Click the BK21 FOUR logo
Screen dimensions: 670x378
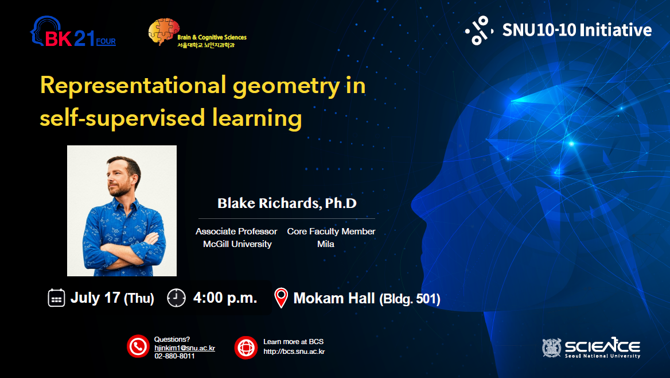pyautogui.click(x=73, y=32)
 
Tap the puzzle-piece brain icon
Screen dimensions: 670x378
pyautogui.click(x=163, y=31)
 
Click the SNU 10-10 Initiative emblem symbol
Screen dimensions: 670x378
pyautogui.click(x=480, y=30)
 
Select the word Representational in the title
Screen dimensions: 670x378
pyautogui.click(x=133, y=85)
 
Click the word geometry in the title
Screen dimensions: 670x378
pyautogui.click(x=286, y=87)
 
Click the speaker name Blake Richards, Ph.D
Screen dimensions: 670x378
pyautogui.click(x=287, y=203)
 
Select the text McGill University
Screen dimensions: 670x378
pyautogui.click(x=237, y=244)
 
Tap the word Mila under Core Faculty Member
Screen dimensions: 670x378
pyautogui.click(x=326, y=244)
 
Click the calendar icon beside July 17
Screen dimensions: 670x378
pyautogui.click(x=56, y=298)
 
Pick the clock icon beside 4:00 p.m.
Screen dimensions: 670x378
pyautogui.click(x=176, y=298)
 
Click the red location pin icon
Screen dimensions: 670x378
pyautogui.click(x=281, y=298)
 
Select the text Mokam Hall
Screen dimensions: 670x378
pyautogui.click(x=334, y=298)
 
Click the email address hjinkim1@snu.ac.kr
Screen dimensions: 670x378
pyautogui.click(x=185, y=348)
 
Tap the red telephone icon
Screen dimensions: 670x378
pyautogui.click(x=138, y=346)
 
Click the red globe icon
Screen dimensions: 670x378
pyautogui.click(x=246, y=347)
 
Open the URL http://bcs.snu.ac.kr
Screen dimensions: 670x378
pyautogui.click(x=294, y=352)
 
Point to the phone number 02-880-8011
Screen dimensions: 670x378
pyautogui.click(x=174, y=356)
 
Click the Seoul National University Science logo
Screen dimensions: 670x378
pyautogui.click(x=591, y=348)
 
